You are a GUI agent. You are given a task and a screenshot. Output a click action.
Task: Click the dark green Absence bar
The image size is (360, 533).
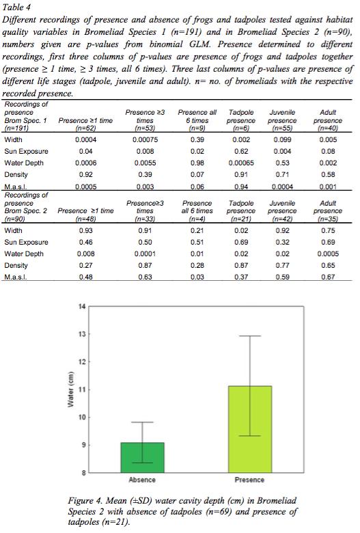(x=143, y=457)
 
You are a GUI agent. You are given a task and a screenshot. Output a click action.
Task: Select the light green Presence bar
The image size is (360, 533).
(x=250, y=429)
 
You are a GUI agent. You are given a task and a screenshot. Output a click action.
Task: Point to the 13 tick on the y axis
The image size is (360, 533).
(x=87, y=333)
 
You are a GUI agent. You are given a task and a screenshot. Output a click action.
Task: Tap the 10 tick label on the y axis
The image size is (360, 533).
(x=81, y=417)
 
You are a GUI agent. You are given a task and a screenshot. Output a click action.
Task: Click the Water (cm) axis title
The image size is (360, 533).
(x=71, y=389)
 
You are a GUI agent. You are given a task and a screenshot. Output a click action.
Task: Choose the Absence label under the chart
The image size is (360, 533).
(x=142, y=480)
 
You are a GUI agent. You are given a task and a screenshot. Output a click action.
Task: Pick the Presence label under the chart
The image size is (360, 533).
(x=249, y=480)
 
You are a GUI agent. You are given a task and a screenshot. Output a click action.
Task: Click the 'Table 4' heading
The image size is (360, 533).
(x=16, y=7)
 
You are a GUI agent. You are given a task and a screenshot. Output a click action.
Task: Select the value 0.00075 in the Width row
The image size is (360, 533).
(x=145, y=139)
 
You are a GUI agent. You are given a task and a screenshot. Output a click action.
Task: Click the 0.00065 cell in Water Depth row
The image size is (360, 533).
(x=241, y=163)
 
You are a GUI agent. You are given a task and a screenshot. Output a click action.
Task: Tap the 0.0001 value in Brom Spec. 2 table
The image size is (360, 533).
(x=145, y=254)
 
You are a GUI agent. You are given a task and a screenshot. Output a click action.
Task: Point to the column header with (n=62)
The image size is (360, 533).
(x=85, y=124)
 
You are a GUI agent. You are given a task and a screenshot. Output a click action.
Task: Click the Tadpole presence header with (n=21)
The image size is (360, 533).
(x=241, y=210)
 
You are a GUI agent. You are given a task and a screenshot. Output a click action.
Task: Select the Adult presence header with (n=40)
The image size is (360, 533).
(x=328, y=120)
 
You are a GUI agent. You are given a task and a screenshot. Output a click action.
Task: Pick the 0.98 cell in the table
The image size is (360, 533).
(x=197, y=163)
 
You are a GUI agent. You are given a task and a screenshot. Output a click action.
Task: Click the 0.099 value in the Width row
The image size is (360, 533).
(x=282, y=139)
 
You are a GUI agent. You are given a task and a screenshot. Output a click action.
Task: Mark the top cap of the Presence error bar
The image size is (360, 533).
(x=250, y=336)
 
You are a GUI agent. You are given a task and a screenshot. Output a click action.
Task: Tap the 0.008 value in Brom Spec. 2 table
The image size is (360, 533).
(x=85, y=254)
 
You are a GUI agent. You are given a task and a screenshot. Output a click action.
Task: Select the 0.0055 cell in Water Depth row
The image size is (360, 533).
(x=145, y=163)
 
